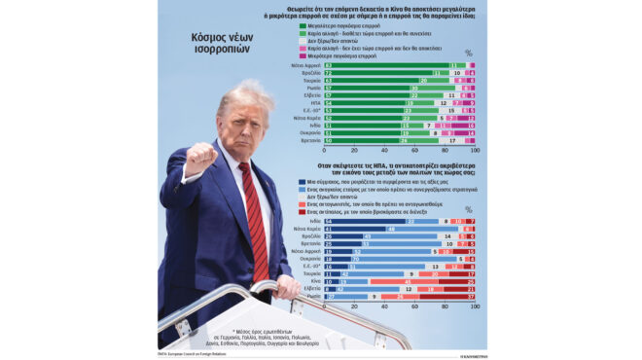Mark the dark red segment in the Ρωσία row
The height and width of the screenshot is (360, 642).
click(x=447, y=297)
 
